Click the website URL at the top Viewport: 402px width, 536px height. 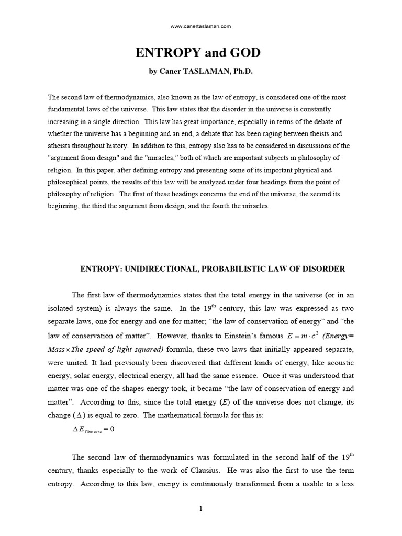click(x=201, y=26)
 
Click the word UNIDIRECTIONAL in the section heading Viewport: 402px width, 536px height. click(x=159, y=269)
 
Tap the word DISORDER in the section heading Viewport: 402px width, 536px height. click(x=323, y=269)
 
